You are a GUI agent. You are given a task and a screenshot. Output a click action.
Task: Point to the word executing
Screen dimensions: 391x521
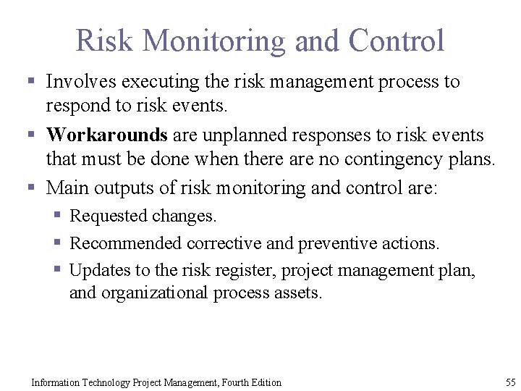155,82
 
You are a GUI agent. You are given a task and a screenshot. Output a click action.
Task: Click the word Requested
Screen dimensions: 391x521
109,216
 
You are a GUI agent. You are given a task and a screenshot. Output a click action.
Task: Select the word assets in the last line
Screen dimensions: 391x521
296,293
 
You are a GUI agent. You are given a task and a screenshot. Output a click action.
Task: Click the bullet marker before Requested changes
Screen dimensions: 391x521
58,216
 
